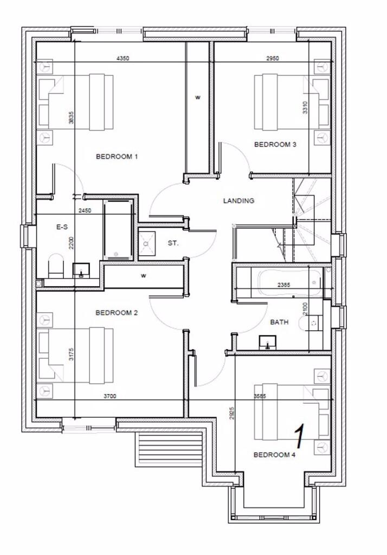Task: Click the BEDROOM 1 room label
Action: pyautogui.click(x=117, y=157)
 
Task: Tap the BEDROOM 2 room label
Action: pyautogui.click(x=117, y=313)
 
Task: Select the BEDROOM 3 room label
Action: pyautogui.click(x=275, y=144)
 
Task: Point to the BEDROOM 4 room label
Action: pyautogui.click(x=274, y=455)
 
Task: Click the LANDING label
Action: pyautogui.click(x=238, y=201)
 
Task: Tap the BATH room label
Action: pyautogui.click(x=279, y=322)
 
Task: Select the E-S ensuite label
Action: pyautogui.click(x=62, y=228)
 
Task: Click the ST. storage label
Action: pyautogui.click(x=173, y=243)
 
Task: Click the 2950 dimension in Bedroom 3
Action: pyautogui.click(x=273, y=59)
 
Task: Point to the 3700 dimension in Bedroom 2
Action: pyautogui.click(x=110, y=396)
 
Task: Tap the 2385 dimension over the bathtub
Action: pyautogui.click(x=286, y=285)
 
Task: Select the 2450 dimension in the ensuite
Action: pyautogui.click(x=84, y=210)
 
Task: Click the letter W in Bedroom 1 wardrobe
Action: pyautogui.click(x=198, y=98)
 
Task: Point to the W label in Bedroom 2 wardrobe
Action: pyautogui.click(x=144, y=275)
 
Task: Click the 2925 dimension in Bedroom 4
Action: pyautogui.click(x=231, y=415)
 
